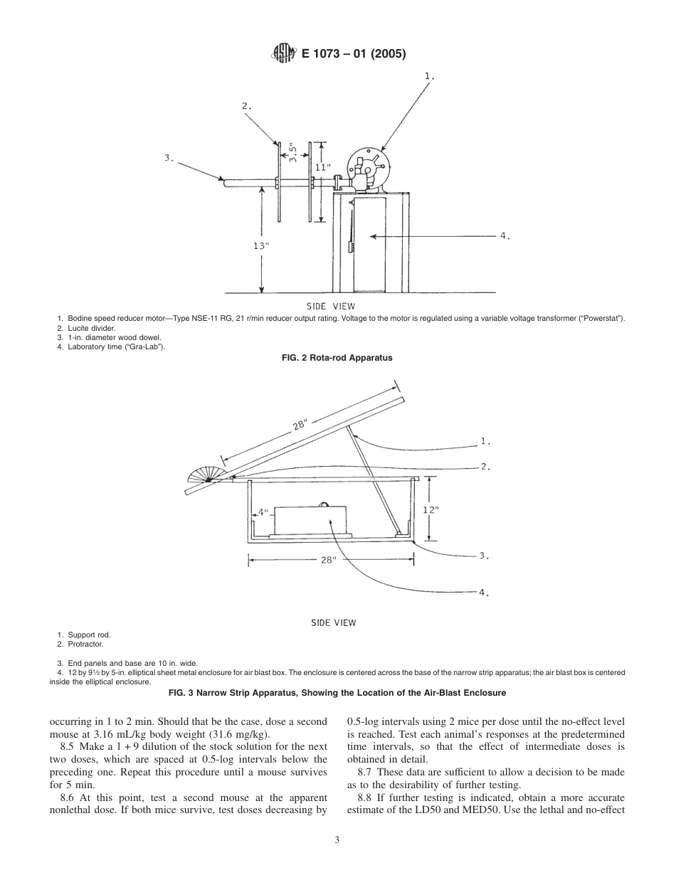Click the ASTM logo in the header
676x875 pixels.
tap(282, 53)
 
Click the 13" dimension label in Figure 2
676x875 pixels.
tap(261, 245)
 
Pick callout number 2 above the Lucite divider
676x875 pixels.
tap(246, 105)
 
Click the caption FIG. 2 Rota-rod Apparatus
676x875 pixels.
tap(337, 359)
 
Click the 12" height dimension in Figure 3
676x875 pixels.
tap(430, 509)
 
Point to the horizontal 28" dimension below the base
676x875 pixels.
tap(327, 560)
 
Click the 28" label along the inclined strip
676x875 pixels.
tap(299, 425)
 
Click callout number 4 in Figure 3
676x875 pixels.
tap(484, 592)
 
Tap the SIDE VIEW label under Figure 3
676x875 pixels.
tap(333, 622)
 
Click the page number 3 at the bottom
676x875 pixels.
tap(337, 840)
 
